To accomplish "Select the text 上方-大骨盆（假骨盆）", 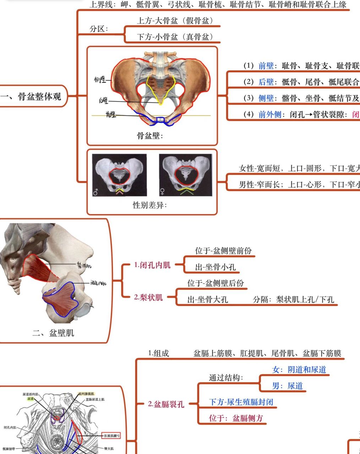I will (175, 21).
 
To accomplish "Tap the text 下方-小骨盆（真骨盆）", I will (175, 37).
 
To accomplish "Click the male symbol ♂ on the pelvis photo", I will (96, 192).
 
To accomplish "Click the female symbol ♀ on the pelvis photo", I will (162, 192).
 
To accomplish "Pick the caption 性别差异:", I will (150, 205).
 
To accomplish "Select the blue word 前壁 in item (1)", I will (266, 66).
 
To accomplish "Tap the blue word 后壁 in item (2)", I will (266, 82).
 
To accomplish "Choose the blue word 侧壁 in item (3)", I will (266, 98).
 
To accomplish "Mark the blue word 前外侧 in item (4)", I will (270, 115).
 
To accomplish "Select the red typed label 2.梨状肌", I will (148, 297).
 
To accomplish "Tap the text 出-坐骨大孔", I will (208, 300).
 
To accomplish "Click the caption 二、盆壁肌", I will (53, 333).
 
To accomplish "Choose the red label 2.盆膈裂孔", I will (166, 404).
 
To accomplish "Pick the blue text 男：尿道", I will (287, 386).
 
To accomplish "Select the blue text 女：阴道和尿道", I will (299, 370).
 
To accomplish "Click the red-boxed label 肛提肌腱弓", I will (111, 435).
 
